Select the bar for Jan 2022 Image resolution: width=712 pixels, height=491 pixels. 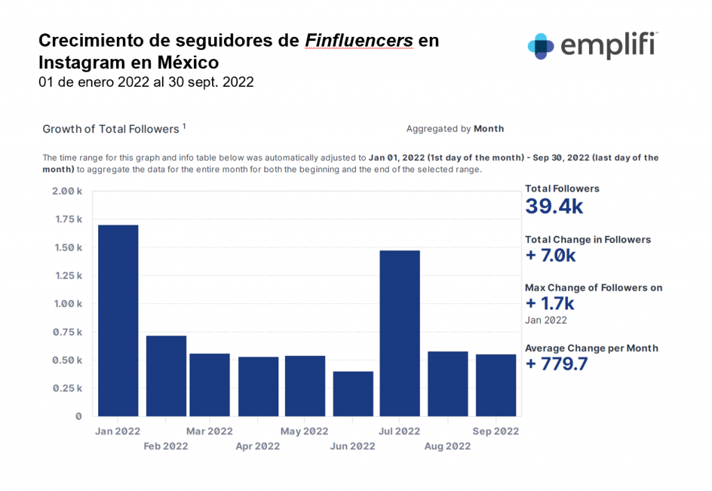tap(118, 321)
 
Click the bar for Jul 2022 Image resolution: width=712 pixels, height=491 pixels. tap(400, 333)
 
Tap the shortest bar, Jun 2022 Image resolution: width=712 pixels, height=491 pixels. tap(353, 394)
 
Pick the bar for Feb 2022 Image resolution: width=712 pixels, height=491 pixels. tap(166, 376)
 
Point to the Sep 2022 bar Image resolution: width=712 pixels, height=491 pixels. tap(496, 385)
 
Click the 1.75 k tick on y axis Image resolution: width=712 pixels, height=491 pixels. tap(67, 219)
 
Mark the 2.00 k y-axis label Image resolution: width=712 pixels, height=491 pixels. tap(67, 191)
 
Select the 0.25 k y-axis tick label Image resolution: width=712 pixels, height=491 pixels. tap(67, 388)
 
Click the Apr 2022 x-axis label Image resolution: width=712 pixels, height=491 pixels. tap(258, 446)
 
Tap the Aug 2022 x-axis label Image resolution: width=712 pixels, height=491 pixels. tap(447, 446)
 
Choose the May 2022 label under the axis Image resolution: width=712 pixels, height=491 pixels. tap(304, 431)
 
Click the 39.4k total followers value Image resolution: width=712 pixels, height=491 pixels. tap(553, 207)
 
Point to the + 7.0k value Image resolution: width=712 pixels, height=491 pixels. tap(550, 255)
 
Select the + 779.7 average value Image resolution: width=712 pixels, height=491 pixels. tap(556, 364)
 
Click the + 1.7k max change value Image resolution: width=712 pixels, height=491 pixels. tap(549, 303)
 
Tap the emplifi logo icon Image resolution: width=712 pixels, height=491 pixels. tap(541, 45)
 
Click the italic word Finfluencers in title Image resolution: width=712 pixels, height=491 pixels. tap(359, 41)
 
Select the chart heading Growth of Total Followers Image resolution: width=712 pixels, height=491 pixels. tap(111, 129)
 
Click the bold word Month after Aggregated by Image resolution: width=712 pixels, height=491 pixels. tap(489, 129)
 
